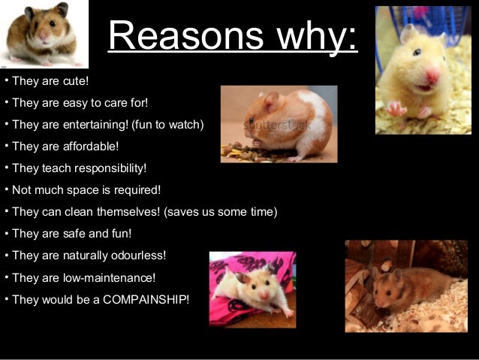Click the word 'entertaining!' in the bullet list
pyautogui.click(x=97, y=124)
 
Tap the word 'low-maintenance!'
pyautogui.click(x=110, y=278)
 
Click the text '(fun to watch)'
pyautogui.click(x=168, y=124)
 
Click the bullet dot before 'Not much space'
pyautogui.click(x=6, y=189)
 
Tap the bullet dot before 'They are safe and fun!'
pyautogui.click(x=6, y=232)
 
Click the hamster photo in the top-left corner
pyautogui.click(x=44, y=35)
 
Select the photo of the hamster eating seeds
pyautogui.click(x=279, y=124)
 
